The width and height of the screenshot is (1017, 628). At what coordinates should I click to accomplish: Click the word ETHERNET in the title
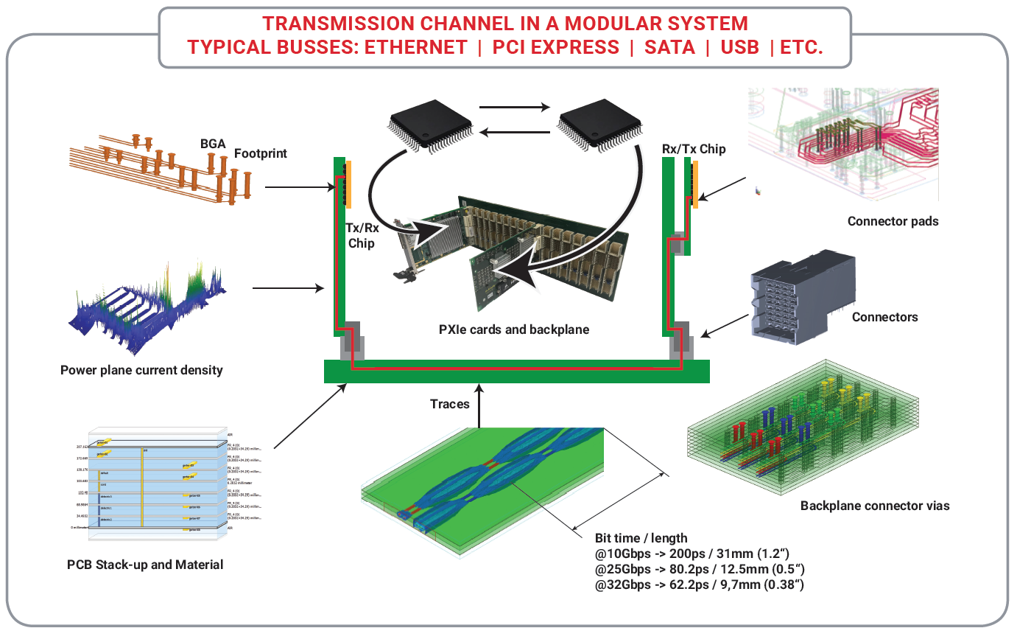pyautogui.click(x=416, y=47)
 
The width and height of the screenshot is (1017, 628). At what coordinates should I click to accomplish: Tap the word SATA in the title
pyautogui.click(x=669, y=47)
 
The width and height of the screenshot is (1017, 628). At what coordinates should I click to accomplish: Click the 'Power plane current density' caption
pyautogui.click(x=141, y=370)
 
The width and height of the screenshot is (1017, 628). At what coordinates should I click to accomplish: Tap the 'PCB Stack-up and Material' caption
pyautogui.click(x=145, y=565)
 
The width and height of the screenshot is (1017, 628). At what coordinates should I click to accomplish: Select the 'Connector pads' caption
pyautogui.click(x=893, y=221)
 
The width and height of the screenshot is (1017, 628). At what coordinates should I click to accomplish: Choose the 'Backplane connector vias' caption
pyautogui.click(x=875, y=506)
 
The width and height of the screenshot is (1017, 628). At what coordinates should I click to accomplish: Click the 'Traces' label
pyautogui.click(x=450, y=404)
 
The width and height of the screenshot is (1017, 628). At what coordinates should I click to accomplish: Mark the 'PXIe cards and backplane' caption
pyautogui.click(x=514, y=329)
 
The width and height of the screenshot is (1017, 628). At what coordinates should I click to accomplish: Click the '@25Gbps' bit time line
pyautogui.click(x=698, y=568)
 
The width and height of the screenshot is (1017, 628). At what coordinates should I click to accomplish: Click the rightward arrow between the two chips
pyautogui.click(x=515, y=107)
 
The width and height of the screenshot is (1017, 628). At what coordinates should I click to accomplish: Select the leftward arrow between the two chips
pyautogui.click(x=515, y=133)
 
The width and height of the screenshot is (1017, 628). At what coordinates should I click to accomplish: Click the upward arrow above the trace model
pyautogui.click(x=479, y=405)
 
